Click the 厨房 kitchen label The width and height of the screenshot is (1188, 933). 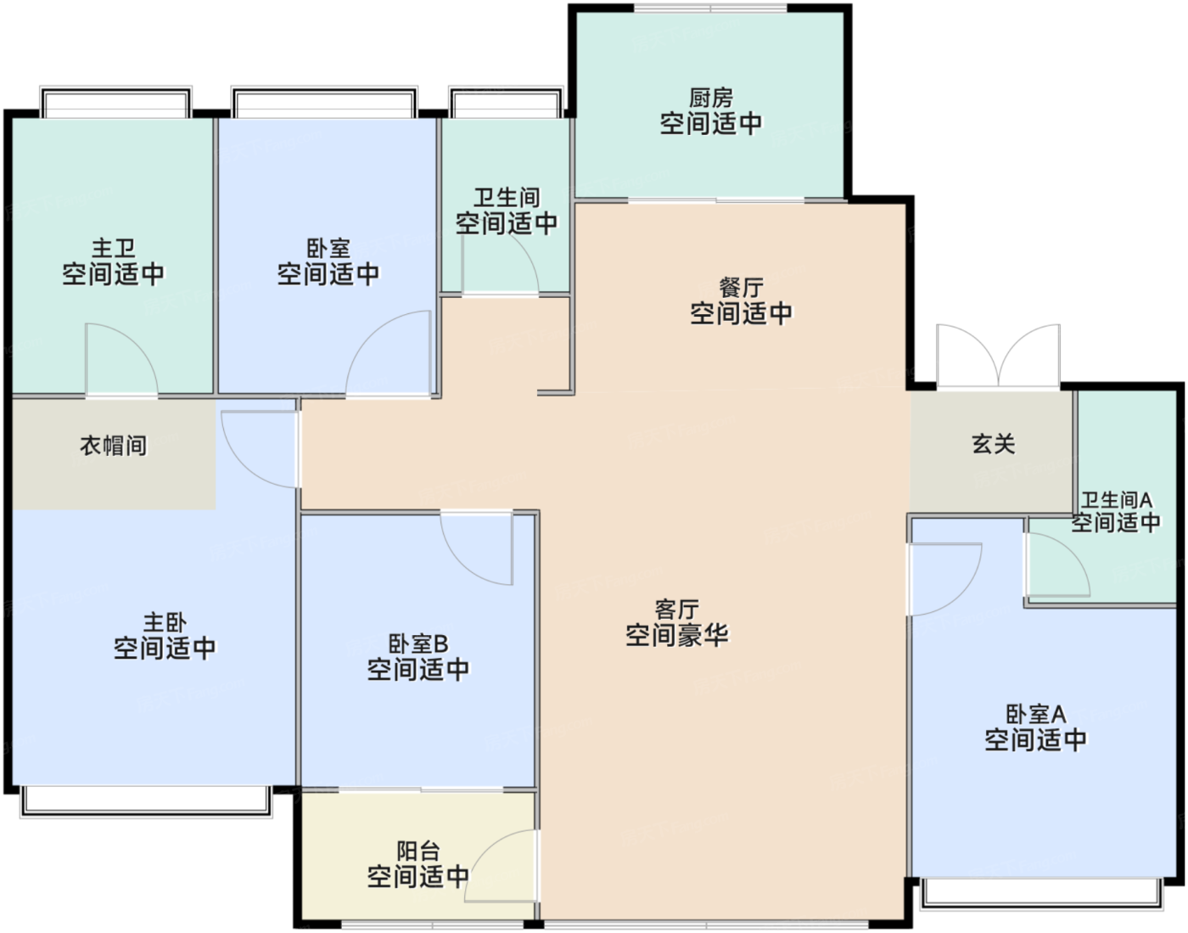pyautogui.click(x=710, y=98)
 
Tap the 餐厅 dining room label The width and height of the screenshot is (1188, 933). pyautogui.click(x=741, y=288)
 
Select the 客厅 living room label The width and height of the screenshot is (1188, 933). pyautogui.click(x=677, y=610)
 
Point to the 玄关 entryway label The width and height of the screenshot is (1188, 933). pyautogui.click(x=994, y=443)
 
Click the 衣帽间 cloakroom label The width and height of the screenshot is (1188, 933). pyautogui.click(x=114, y=446)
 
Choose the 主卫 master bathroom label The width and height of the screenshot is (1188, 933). pyautogui.click(x=113, y=248)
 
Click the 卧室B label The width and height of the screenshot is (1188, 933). pyautogui.click(x=418, y=644)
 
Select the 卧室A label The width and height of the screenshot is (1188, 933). pyautogui.click(x=1036, y=714)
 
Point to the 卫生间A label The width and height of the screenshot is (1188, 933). pyautogui.click(x=1117, y=499)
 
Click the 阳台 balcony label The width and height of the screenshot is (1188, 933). pyautogui.click(x=418, y=851)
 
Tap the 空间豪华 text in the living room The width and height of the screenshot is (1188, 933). pyautogui.click(x=677, y=635)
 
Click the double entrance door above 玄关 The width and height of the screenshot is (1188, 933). pyautogui.click(x=998, y=356)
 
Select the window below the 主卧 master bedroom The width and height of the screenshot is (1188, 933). pyautogui.click(x=147, y=801)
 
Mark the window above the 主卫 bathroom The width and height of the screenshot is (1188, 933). pyautogui.click(x=116, y=102)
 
